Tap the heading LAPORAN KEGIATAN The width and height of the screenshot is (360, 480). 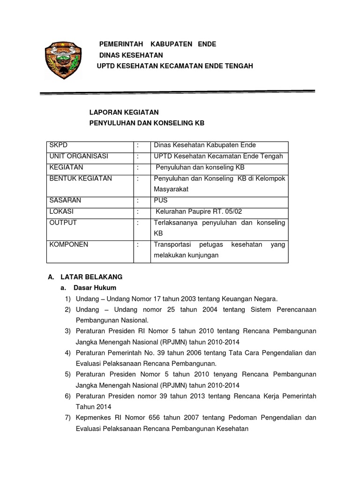coord(124,112)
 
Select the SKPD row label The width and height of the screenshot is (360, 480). coord(59,145)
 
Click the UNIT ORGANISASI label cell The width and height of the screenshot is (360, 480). coord(78,156)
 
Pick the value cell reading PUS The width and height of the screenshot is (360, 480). coord(161,200)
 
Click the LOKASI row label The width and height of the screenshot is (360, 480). coord(61,211)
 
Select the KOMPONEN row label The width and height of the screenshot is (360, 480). coord(68,244)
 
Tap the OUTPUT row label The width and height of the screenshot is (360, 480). coord(63,223)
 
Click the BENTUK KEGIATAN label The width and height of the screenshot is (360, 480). coord(80,179)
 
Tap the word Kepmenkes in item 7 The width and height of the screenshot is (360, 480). coord(93,417)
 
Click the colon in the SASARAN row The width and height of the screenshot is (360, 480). coord(138,200)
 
